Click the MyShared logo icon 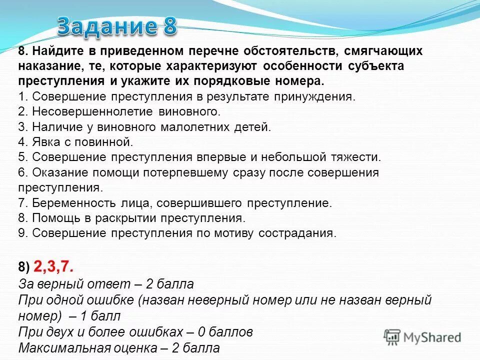tap(392, 336)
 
